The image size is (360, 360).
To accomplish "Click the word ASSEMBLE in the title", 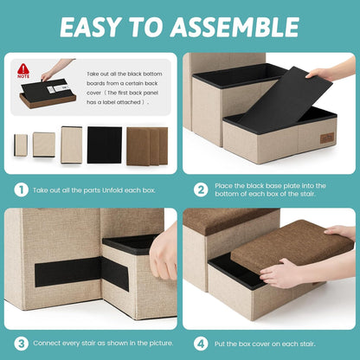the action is [x=235, y=27].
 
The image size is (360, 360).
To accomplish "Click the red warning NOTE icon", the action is [x=23, y=71].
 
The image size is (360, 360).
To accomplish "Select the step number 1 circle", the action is [x=22, y=190].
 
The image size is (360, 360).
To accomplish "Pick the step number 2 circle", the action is [x=201, y=190].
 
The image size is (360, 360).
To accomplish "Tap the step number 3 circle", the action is [x=22, y=344].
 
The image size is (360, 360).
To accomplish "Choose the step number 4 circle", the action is [x=201, y=344].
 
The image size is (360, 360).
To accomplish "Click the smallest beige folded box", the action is [x=21, y=145].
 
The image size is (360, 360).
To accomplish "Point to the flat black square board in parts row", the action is [x=105, y=145].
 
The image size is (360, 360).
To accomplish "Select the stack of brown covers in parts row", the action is [x=147, y=146].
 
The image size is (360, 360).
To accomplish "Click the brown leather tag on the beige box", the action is [x=327, y=138].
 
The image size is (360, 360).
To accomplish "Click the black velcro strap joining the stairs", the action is [x=82, y=272].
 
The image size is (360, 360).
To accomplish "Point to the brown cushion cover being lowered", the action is [x=292, y=245].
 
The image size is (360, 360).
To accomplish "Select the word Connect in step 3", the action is [x=46, y=344].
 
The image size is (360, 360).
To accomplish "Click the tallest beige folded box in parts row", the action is [x=72, y=145].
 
